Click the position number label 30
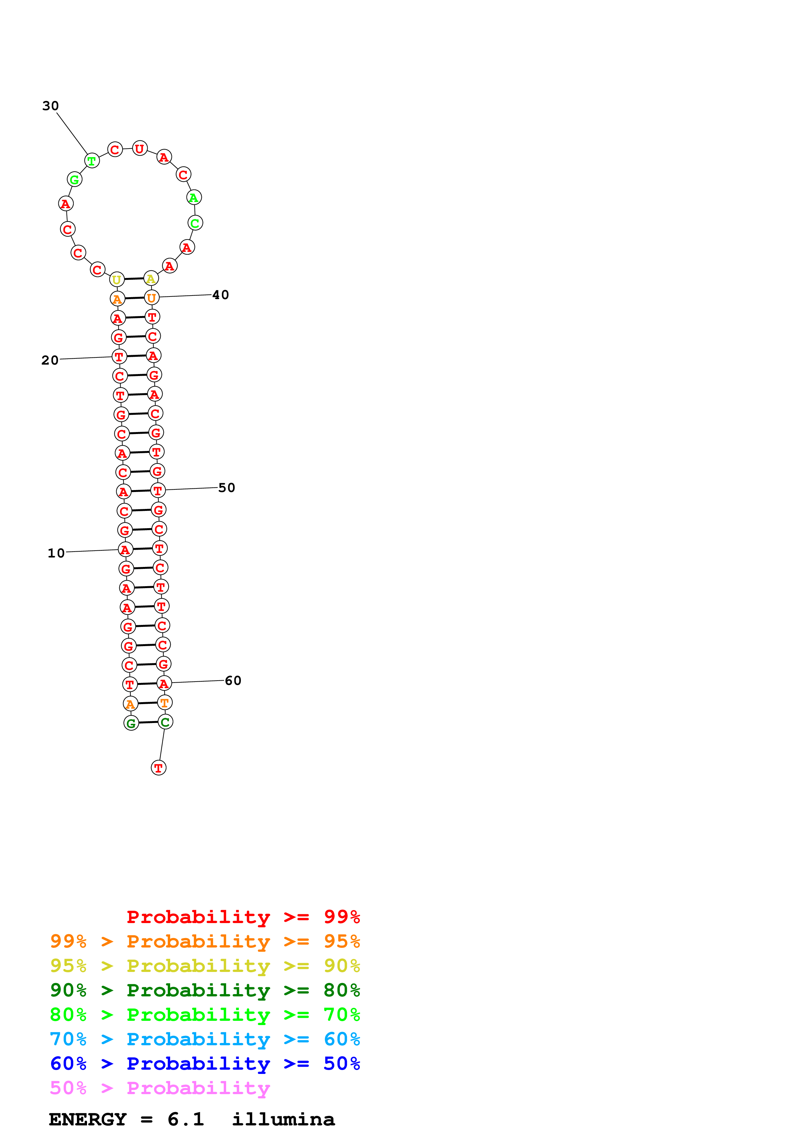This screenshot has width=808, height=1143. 50,106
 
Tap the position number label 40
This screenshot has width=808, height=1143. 221,295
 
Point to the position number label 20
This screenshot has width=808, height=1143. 50,360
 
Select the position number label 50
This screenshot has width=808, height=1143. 227,488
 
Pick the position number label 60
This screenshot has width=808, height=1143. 233,681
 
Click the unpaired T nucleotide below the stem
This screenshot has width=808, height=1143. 158,768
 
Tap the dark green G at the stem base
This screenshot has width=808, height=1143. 131,723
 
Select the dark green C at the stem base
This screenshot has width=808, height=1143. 165,722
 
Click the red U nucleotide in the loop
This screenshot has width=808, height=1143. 140,148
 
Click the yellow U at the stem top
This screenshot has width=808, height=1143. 116,280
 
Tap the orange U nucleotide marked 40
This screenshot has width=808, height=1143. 151,298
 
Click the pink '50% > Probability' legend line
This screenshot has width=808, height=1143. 160,1088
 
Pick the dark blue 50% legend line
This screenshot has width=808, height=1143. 205,1064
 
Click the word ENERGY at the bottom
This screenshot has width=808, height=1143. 88,1120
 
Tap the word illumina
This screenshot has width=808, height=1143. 283,1120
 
